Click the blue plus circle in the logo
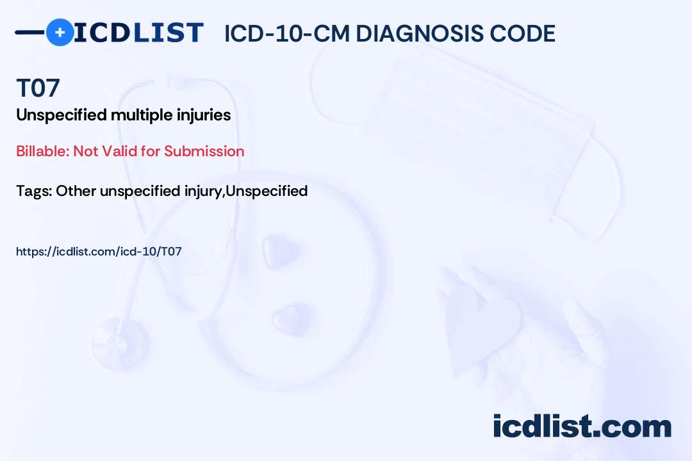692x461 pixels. pos(60,33)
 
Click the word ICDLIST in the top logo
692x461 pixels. pos(138,33)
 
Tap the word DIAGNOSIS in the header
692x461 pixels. pos(419,33)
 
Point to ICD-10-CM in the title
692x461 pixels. pos(287,33)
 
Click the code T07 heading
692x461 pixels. pos(38,88)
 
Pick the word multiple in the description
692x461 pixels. pos(142,115)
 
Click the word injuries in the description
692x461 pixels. pos(204,115)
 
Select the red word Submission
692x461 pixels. pos(204,151)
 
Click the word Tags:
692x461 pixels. pos(35,191)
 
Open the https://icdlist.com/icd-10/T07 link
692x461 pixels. pos(99,252)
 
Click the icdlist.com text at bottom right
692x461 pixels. pos(582,426)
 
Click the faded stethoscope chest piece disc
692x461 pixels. pos(119,343)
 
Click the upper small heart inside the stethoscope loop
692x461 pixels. pos(280,251)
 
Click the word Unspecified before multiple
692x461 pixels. pos(62,115)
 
